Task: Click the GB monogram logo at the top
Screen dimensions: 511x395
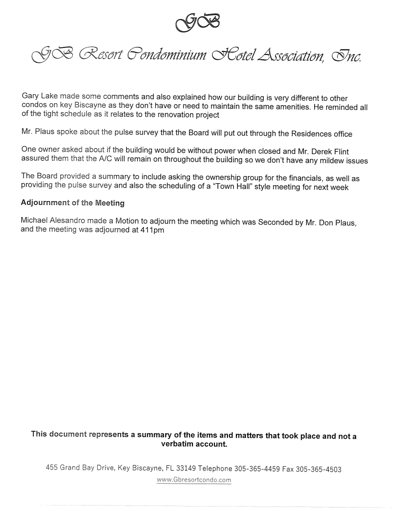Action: coord(197,21)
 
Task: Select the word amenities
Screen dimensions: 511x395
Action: coord(286,107)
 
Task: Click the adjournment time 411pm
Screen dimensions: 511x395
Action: coord(149,230)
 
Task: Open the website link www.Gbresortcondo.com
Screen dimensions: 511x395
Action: coord(194,480)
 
